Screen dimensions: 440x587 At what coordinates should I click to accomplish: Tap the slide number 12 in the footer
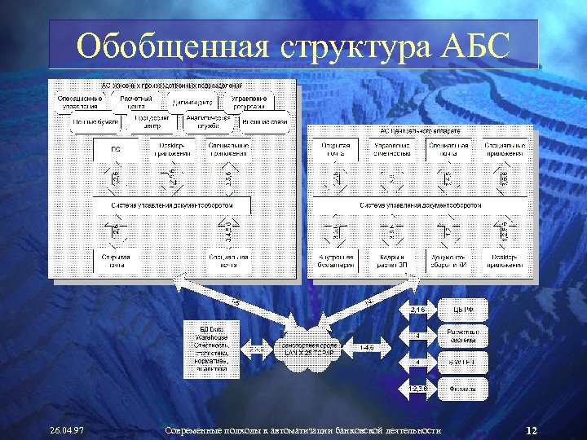(531, 430)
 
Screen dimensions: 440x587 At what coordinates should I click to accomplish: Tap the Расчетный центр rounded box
(136, 102)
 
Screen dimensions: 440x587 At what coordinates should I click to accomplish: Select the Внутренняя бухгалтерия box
(336, 262)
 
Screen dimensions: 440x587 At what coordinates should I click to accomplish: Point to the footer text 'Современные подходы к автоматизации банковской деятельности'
(302, 430)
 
